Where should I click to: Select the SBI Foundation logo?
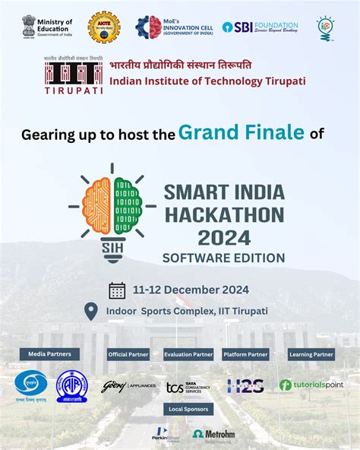[x=261, y=27]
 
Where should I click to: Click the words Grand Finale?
[x=242, y=132]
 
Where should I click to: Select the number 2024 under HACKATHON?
[x=223, y=237]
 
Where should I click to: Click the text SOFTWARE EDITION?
[x=224, y=258]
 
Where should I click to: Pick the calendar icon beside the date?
[x=117, y=290]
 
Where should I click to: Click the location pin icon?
[x=91, y=311]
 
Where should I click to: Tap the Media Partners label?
[x=50, y=353]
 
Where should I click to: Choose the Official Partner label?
[x=128, y=354]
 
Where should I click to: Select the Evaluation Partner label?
[x=188, y=354]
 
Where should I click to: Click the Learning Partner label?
[x=311, y=354]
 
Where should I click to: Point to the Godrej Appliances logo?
[x=128, y=386]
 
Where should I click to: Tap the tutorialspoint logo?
[x=311, y=385]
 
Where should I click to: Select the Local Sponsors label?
[x=188, y=409]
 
